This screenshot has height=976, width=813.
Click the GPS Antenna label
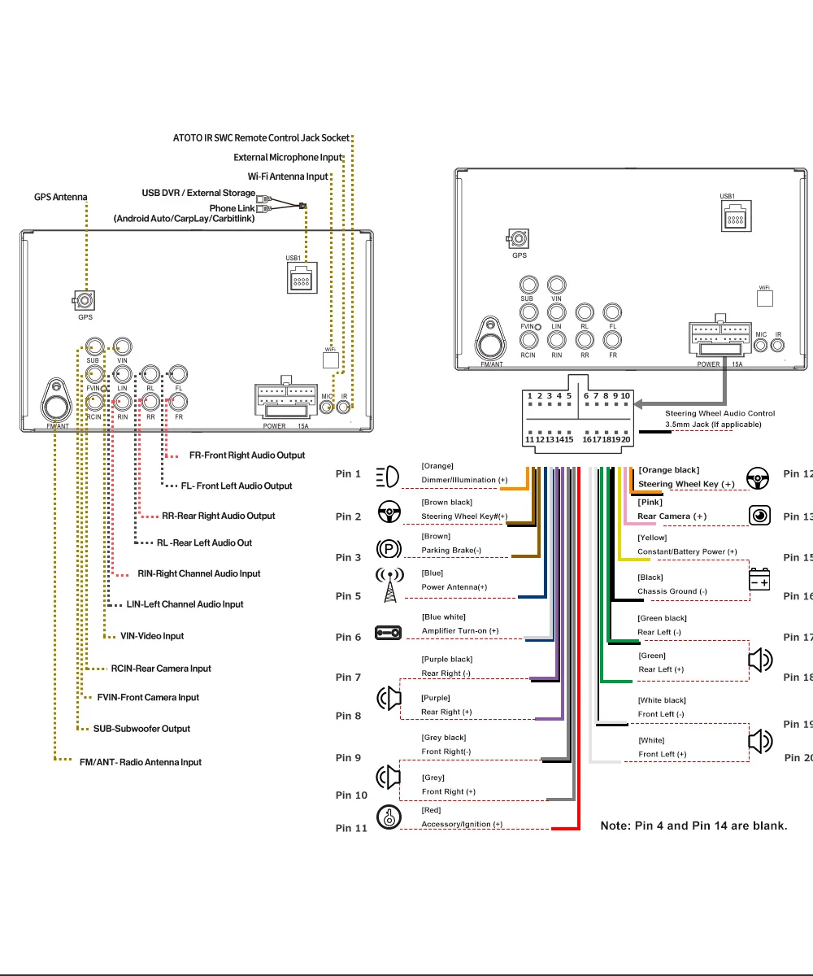click(60, 197)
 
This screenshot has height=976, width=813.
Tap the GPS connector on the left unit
click(85, 301)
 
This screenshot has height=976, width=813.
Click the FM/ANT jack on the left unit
click(56, 403)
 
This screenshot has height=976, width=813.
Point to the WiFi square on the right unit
click(764, 298)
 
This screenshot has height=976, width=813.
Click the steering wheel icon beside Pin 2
click(389, 513)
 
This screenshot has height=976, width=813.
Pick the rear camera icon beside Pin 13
click(759, 516)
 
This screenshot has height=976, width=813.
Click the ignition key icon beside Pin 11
click(389, 817)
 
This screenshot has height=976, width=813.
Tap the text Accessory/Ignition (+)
click(462, 824)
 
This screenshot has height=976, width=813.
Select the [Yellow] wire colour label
click(652, 538)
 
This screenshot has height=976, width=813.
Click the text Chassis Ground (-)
click(672, 591)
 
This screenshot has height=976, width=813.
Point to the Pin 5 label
click(348, 596)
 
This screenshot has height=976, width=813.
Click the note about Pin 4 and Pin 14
click(693, 826)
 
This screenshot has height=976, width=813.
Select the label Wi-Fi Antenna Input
click(288, 176)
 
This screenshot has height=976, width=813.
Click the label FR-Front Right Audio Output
click(247, 455)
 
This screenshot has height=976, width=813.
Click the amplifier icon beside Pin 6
click(388, 632)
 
